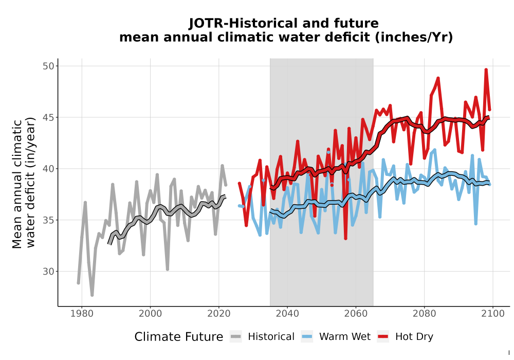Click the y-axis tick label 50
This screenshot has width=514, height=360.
click(x=48, y=66)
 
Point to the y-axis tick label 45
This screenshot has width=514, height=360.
click(x=48, y=117)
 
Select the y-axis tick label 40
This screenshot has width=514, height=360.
click(x=48, y=169)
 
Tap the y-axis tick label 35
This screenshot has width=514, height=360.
click(x=48, y=220)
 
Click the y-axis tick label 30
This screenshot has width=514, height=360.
click(x=48, y=272)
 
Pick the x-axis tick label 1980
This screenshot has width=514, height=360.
click(x=82, y=314)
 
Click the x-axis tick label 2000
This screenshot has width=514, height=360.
click(x=151, y=314)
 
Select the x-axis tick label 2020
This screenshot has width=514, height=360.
click(x=219, y=314)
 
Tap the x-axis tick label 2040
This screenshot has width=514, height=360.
click(x=287, y=314)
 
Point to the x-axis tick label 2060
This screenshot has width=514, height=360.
click(x=356, y=314)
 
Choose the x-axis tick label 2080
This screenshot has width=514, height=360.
click(x=424, y=314)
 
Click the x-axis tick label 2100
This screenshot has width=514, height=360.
click(x=493, y=314)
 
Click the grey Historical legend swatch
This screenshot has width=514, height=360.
click(x=236, y=337)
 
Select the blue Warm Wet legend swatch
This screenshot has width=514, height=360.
click(x=307, y=337)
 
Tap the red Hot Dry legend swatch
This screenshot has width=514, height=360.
click(x=383, y=337)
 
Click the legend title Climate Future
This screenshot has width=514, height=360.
click(x=179, y=337)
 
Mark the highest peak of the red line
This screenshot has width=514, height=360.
click(x=486, y=69)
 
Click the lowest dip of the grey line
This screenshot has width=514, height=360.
click(x=92, y=295)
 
